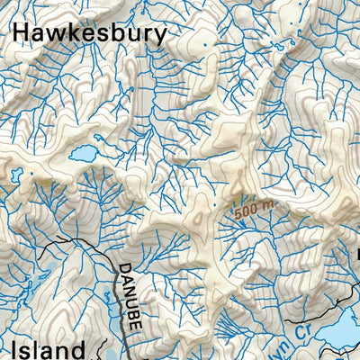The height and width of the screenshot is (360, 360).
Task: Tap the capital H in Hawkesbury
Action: (x=22, y=34)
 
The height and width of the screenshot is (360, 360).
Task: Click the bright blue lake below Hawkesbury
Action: (x=85, y=154)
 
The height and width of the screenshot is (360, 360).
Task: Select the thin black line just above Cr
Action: (x=306, y=319)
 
